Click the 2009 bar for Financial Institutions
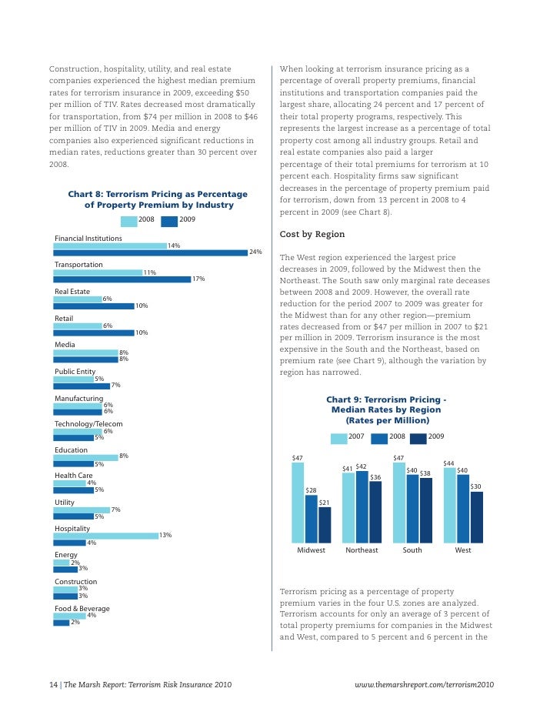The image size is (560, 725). (151, 252)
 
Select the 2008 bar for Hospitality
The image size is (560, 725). (105, 536)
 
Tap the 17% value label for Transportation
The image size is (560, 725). (198, 279)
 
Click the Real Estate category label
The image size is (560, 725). (72, 292)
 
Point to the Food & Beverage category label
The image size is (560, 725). (82, 609)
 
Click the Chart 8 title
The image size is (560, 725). (158, 199)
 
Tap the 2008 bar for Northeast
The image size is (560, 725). (362, 507)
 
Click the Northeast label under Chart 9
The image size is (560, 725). (362, 551)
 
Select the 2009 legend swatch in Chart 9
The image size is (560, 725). (418, 439)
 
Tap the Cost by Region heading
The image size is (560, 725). (312, 234)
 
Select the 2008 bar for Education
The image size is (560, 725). (85, 457)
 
